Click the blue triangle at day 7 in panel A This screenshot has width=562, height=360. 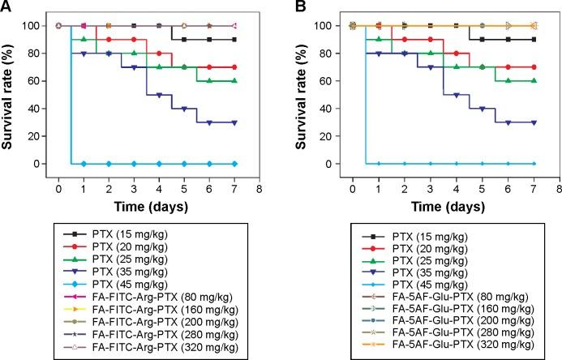[234, 122]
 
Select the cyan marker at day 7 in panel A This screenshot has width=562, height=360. [234, 164]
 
